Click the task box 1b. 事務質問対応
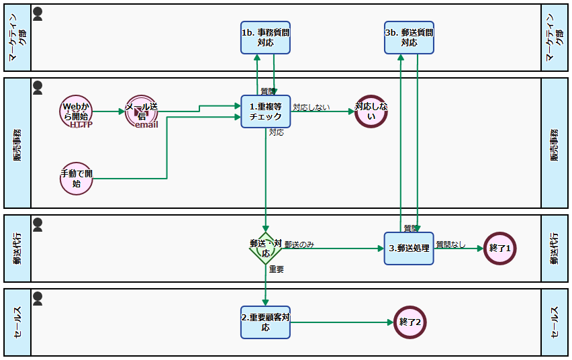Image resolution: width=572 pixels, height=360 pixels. pyautogui.click(x=265, y=37)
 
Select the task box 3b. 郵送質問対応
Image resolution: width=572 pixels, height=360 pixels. pyautogui.click(x=409, y=37)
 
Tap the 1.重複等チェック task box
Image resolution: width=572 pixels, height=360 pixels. pyautogui.click(x=265, y=111)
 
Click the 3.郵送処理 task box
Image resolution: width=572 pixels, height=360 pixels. pyautogui.click(x=409, y=249)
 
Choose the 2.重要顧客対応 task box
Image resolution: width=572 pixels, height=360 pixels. pyautogui.click(x=265, y=322)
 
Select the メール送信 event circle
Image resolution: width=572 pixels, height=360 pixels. pyautogui.click(x=141, y=111)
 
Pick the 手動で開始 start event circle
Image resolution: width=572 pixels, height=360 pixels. pyautogui.click(x=75, y=179)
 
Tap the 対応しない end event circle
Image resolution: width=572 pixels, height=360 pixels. pyautogui.click(x=371, y=111)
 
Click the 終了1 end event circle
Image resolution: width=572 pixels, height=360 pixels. pyautogui.click(x=500, y=249)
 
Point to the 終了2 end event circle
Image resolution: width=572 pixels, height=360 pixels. pyautogui.click(x=410, y=322)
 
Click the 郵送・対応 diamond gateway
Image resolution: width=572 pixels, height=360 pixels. pyautogui.click(x=265, y=249)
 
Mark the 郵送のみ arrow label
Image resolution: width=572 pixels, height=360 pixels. pyautogui.click(x=299, y=244)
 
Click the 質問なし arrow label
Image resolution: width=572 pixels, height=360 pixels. pyautogui.click(x=450, y=244)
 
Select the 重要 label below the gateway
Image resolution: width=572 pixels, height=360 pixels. pyautogui.click(x=277, y=269)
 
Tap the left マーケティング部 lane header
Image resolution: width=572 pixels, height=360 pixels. pyautogui.click(x=17, y=38)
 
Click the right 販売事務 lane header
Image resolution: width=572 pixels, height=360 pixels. pyautogui.click(x=554, y=143)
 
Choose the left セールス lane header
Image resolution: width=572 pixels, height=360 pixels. pyautogui.click(x=17, y=322)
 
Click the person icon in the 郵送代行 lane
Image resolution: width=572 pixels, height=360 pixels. pyautogui.click(x=38, y=223)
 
